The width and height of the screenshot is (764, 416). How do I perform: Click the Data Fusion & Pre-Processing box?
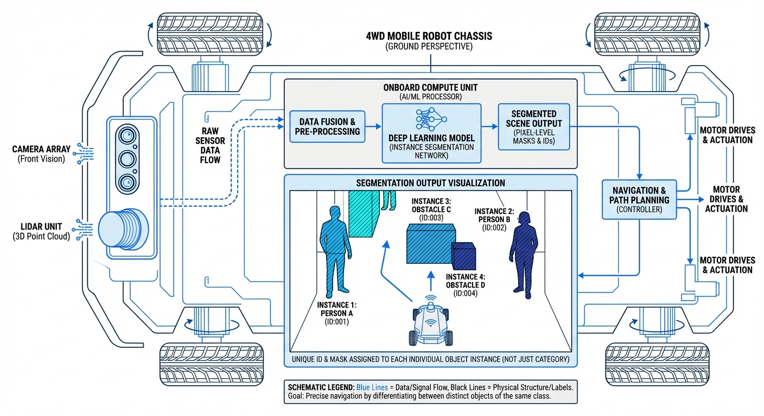tap(327, 127)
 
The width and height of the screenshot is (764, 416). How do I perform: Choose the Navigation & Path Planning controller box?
tap(639, 199)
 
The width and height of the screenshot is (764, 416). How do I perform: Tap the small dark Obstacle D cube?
tap(464, 254)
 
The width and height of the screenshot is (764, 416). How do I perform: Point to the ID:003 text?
tap(431, 218)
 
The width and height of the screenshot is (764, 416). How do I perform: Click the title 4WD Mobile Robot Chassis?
tap(429, 36)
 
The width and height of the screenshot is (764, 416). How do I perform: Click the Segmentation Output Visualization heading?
tap(430, 183)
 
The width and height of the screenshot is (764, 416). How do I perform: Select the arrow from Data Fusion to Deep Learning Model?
tap(373, 127)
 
